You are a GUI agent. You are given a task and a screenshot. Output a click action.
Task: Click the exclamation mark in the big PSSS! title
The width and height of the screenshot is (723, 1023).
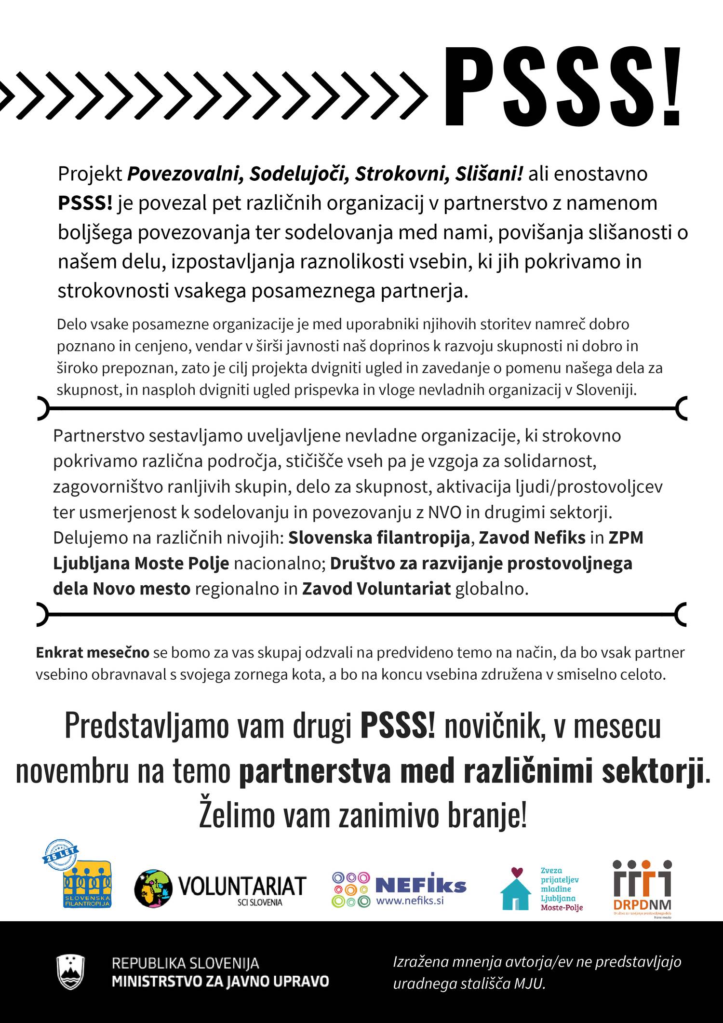(671, 87)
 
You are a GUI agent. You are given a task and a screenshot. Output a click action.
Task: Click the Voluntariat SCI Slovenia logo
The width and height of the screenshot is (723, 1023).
(221, 888)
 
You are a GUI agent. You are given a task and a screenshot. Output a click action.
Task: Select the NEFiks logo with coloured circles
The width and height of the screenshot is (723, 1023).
(399, 888)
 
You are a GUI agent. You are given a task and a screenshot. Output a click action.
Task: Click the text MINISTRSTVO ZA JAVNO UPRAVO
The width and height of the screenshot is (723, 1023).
(220, 981)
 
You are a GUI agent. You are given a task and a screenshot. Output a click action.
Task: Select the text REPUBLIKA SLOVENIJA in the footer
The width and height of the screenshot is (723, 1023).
(186, 963)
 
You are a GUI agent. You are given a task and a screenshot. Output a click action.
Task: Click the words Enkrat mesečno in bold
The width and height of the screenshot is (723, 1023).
(93, 653)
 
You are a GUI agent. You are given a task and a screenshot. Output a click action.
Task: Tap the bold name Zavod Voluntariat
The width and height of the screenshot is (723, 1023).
(376, 589)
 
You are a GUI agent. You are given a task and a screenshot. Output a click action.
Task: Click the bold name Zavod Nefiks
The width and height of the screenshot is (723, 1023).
(532, 538)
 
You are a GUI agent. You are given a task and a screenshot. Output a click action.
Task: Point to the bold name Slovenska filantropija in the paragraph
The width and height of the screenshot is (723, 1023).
(379, 538)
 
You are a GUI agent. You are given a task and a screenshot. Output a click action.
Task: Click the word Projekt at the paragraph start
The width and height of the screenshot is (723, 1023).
(90, 174)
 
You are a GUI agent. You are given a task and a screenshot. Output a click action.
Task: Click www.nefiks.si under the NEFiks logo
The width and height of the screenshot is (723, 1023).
(410, 901)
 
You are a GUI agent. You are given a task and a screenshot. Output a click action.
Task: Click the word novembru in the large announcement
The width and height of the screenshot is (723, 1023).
(72, 771)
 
